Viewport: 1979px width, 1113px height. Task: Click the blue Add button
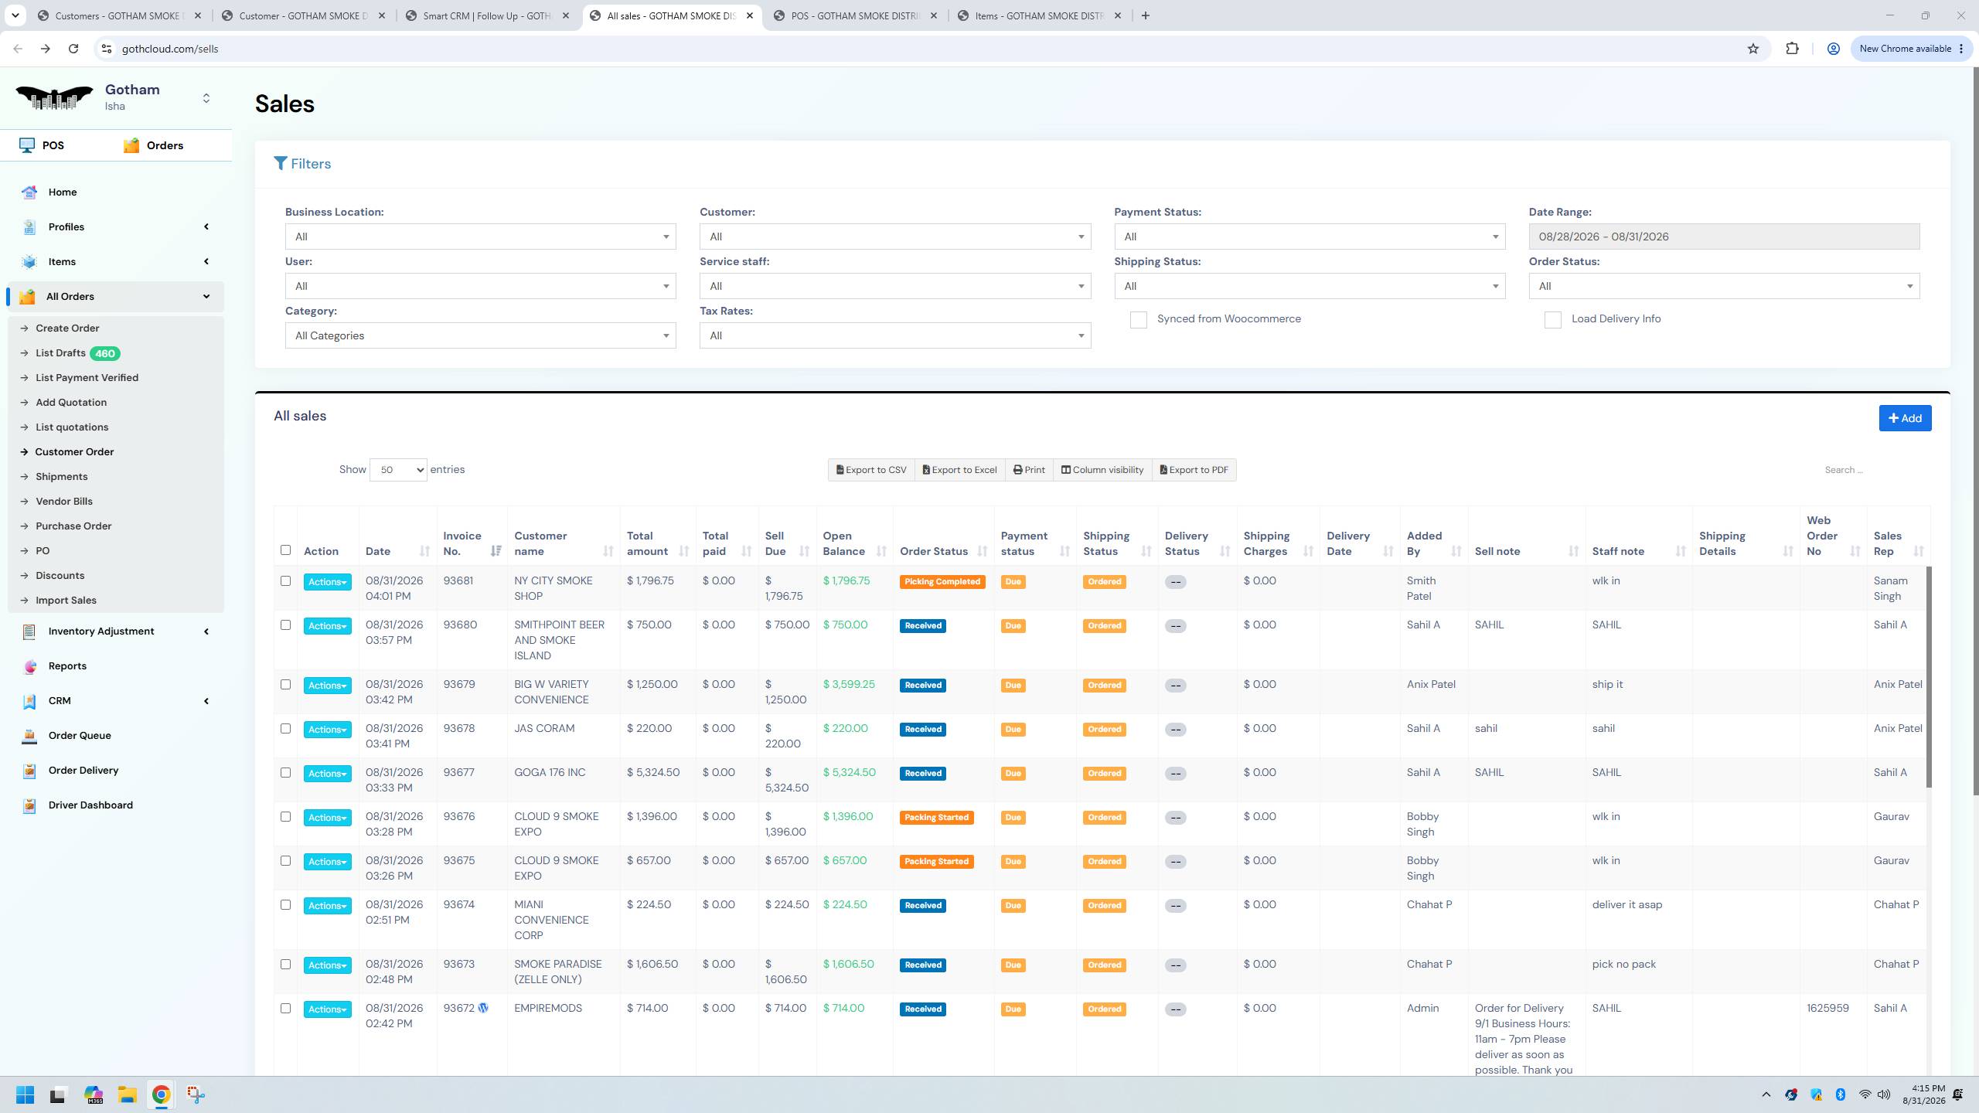(x=1905, y=418)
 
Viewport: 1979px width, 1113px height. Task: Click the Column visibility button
(x=1102, y=470)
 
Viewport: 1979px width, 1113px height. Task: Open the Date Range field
(x=1724, y=237)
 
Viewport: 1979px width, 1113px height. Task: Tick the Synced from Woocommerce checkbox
(x=1138, y=320)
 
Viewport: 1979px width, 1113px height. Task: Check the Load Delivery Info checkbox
(x=1552, y=320)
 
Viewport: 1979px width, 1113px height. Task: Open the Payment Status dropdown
(x=1310, y=237)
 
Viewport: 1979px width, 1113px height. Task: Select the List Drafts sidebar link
(x=60, y=353)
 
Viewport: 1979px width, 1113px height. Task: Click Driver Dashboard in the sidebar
(x=90, y=805)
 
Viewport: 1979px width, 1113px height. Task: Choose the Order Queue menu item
(x=80, y=736)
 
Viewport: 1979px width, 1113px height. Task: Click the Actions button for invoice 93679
(x=327, y=686)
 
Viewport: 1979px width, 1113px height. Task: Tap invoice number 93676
(x=459, y=817)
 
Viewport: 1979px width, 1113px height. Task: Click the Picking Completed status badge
(x=942, y=582)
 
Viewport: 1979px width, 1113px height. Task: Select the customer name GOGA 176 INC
(x=550, y=773)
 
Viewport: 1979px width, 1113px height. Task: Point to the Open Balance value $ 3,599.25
(x=849, y=685)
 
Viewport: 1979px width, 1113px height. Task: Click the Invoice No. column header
(x=462, y=543)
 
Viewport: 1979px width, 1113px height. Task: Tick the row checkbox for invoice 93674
(x=285, y=905)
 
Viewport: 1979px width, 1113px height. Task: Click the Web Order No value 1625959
(x=1827, y=1009)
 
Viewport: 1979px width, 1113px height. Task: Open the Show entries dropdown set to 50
(x=398, y=470)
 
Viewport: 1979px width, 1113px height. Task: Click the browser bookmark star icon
(x=1752, y=49)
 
